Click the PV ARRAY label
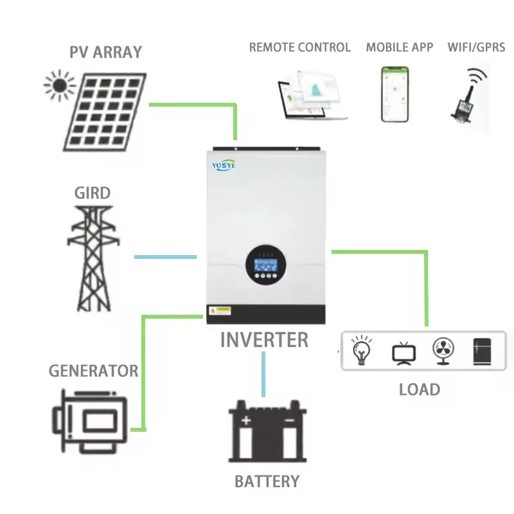coord(105,53)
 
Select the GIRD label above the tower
coord(92,193)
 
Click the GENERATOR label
coord(93,371)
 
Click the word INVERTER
coord(264,340)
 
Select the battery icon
coord(267,432)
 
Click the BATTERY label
coord(267,481)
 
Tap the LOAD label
coord(420,389)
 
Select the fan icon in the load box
coord(443,351)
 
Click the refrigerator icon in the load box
coord(482,351)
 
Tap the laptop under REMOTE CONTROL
coord(313,98)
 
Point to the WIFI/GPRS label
coord(476,48)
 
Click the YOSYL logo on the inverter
coord(224,165)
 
